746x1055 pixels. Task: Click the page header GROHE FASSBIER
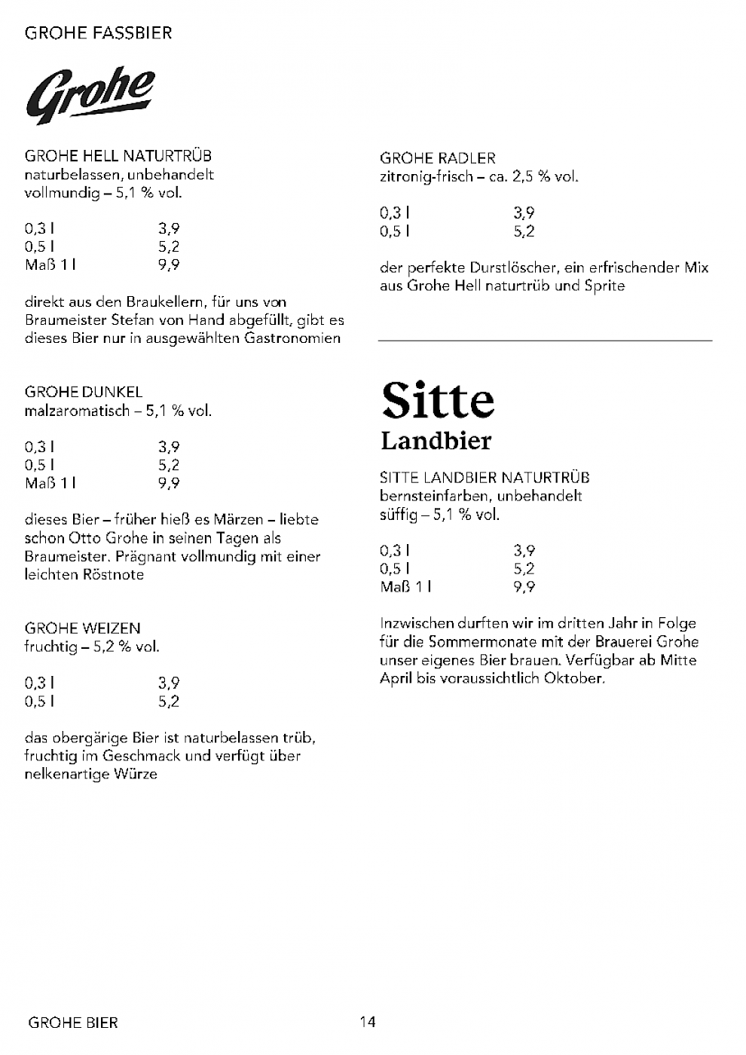click(98, 33)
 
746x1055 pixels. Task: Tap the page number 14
click(368, 1022)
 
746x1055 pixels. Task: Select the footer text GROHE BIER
click(73, 1023)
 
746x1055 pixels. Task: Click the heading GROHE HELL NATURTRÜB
click(118, 156)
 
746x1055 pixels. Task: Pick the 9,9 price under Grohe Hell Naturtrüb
click(169, 265)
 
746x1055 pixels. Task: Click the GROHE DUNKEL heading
click(84, 392)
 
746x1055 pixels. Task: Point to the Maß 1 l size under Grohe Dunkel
click(50, 483)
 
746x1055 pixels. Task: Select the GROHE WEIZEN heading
click(83, 628)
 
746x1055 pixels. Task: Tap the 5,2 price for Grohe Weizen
click(169, 702)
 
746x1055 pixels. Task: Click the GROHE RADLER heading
click(438, 158)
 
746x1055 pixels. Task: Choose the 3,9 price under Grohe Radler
click(524, 213)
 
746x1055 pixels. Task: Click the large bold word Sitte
click(438, 400)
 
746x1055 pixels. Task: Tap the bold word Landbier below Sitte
click(436, 441)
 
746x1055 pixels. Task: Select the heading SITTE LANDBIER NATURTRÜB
click(485, 478)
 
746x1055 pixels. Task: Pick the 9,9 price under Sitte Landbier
click(524, 587)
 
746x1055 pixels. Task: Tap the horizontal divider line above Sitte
click(545, 341)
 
